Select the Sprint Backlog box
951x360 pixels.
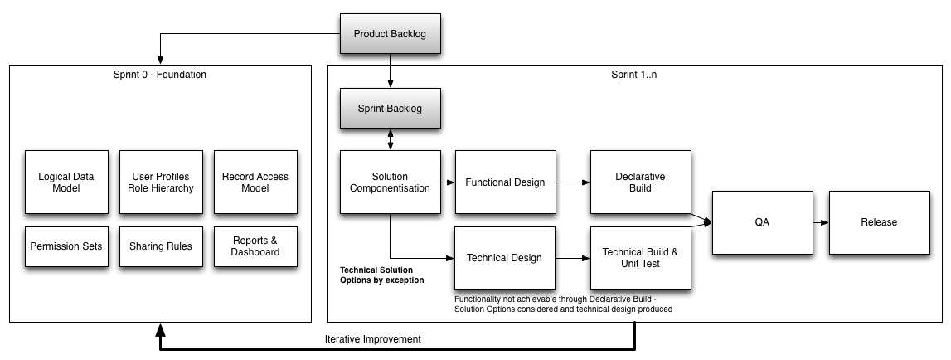click(390, 109)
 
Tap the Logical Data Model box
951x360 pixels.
click(66, 182)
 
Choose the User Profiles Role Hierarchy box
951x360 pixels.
click(161, 182)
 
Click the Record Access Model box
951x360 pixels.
click(255, 182)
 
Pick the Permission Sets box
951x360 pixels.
click(66, 246)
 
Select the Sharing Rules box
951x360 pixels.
click(161, 246)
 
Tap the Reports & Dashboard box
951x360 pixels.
click(255, 246)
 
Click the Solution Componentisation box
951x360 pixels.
click(390, 182)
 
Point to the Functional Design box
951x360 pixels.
click(505, 182)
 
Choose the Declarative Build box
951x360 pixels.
click(640, 182)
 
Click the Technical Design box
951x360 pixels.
click(505, 257)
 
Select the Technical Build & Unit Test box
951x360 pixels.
click(640, 257)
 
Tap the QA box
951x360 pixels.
click(762, 222)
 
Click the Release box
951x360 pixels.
click(878, 222)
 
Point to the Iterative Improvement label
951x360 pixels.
click(372, 338)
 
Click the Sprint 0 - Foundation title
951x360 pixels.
click(160, 75)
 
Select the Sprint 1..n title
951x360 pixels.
click(634, 75)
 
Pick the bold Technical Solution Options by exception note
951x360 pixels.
click(382, 275)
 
